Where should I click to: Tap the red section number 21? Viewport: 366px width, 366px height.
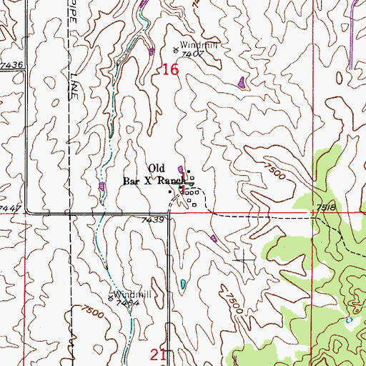pyautogui.click(x=159, y=355)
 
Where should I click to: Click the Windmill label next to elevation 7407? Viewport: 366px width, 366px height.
pyautogui.click(x=197, y=44)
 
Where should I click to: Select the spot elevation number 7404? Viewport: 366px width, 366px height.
pyautogui.click(x=127, y=303)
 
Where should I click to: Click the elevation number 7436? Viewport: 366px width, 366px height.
pyautogui.click(x=12, y=65)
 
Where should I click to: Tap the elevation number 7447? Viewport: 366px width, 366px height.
pyautogui.click(x=11, y=207)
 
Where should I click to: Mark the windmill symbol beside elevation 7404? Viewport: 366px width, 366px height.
pyautogui.click(x=109, y=299)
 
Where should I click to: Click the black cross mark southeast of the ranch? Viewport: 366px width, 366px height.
pyautogui.click(x=243, y=259)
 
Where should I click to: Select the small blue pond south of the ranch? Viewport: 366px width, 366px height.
pyautogui.click(x=182, y=284)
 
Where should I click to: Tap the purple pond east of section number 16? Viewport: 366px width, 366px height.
pyautogui.click(x=242, y=82)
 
